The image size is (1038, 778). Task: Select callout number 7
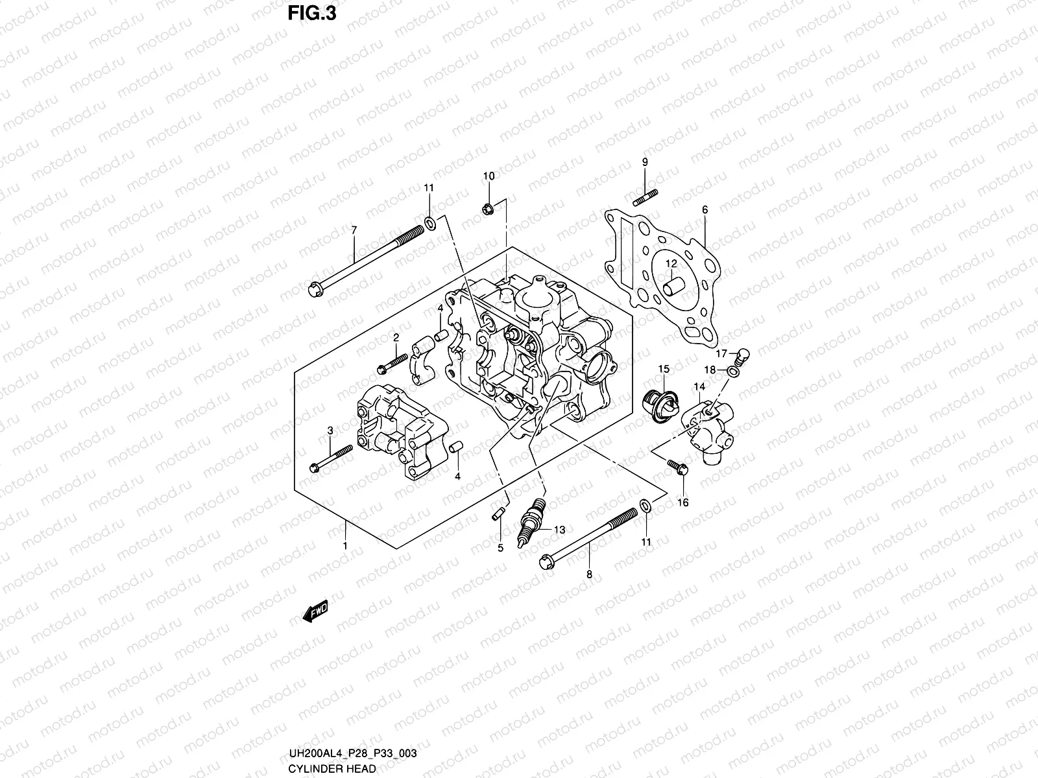point(354,230)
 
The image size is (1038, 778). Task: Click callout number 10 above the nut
point(489,176)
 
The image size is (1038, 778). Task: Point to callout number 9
point(644,162)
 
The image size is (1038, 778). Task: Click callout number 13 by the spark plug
point(559,530)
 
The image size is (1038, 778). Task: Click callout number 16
point(682,502)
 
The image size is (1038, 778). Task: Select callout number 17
point(721,354)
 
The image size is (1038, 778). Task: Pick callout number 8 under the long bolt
point(589,574)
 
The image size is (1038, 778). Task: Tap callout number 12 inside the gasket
point(670,263)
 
